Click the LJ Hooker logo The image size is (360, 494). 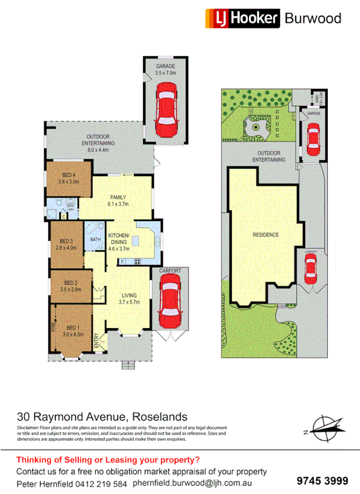click(x=242, y=18)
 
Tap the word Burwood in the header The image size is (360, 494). click(x=313, y=18)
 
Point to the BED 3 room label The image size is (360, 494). click(x=66, y=244)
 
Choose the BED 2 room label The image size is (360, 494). click(x=70, y=286)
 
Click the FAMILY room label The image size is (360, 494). click(x=119, y=200)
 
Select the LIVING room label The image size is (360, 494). click(x=132, y=298)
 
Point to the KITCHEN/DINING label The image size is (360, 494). click(x=118, y=239)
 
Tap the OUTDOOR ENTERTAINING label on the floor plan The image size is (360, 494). click(x=101, y=140)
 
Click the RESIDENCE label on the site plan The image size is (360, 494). click(x=265, y=235)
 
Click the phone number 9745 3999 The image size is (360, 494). click(x=322, y=480)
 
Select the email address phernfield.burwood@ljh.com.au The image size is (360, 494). click(x=192, y=483)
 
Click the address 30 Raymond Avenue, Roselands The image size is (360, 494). click(x=102, y=417)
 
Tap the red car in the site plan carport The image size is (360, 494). click(x=310, y=269)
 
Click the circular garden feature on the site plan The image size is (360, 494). click(x=256, y=127)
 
